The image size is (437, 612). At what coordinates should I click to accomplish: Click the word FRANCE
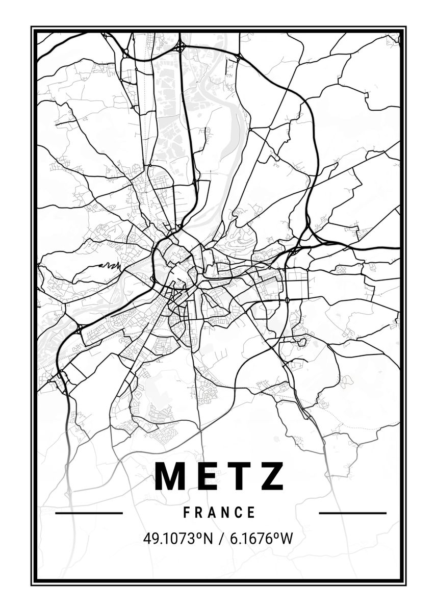[x=220, y=512]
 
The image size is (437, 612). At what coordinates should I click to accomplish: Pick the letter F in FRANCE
[x=187, y=512]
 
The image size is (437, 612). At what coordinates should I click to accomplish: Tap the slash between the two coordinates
[x=219, y=539]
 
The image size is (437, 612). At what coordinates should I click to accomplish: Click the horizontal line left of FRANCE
[x=89, y=513]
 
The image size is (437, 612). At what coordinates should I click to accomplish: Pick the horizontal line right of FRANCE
[x=352, y=513]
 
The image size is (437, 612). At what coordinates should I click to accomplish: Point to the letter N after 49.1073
[x=208, y=539]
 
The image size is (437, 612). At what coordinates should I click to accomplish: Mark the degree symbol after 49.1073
[x=198, y=535]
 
